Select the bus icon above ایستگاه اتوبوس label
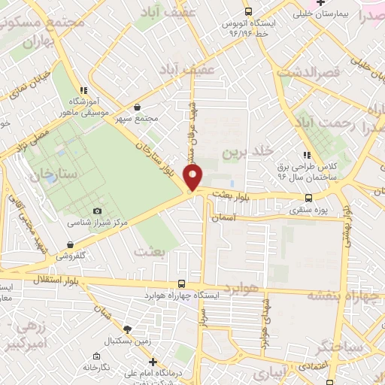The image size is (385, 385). tap(248, 12)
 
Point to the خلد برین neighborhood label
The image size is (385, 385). tap(244, 153)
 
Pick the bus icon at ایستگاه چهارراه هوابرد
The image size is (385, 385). tap(181, 283)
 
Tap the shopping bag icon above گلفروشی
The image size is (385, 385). tap(70, 244)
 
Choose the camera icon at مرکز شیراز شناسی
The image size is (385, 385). tap(97, 211)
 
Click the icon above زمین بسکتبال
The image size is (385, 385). tap(129, 329)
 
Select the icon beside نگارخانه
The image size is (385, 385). tap(97, 356)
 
